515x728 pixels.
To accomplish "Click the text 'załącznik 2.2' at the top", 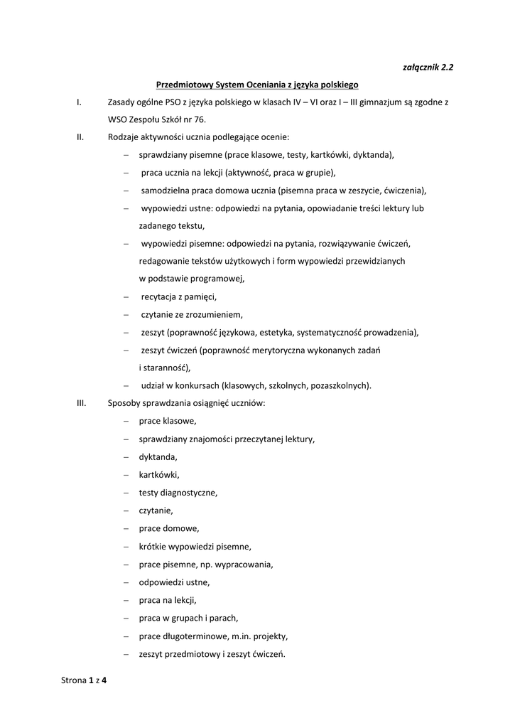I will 428,68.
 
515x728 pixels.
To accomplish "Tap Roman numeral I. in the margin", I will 79,102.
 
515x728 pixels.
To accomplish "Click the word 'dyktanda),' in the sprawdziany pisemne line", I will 373,155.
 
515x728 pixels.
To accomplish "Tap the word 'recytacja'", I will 159,296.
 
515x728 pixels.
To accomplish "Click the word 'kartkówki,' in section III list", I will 159,474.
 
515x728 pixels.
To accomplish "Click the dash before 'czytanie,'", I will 126,510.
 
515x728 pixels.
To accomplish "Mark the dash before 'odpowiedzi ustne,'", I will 126,583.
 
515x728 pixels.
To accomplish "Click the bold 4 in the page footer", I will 104,680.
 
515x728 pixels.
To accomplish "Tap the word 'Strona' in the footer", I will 74,680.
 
